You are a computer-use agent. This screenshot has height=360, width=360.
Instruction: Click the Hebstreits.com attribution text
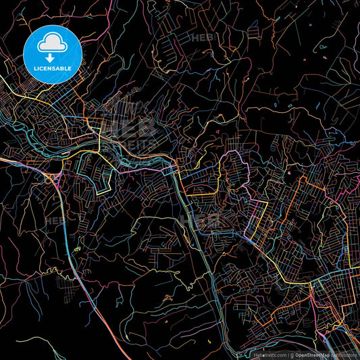coord(269,353)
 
